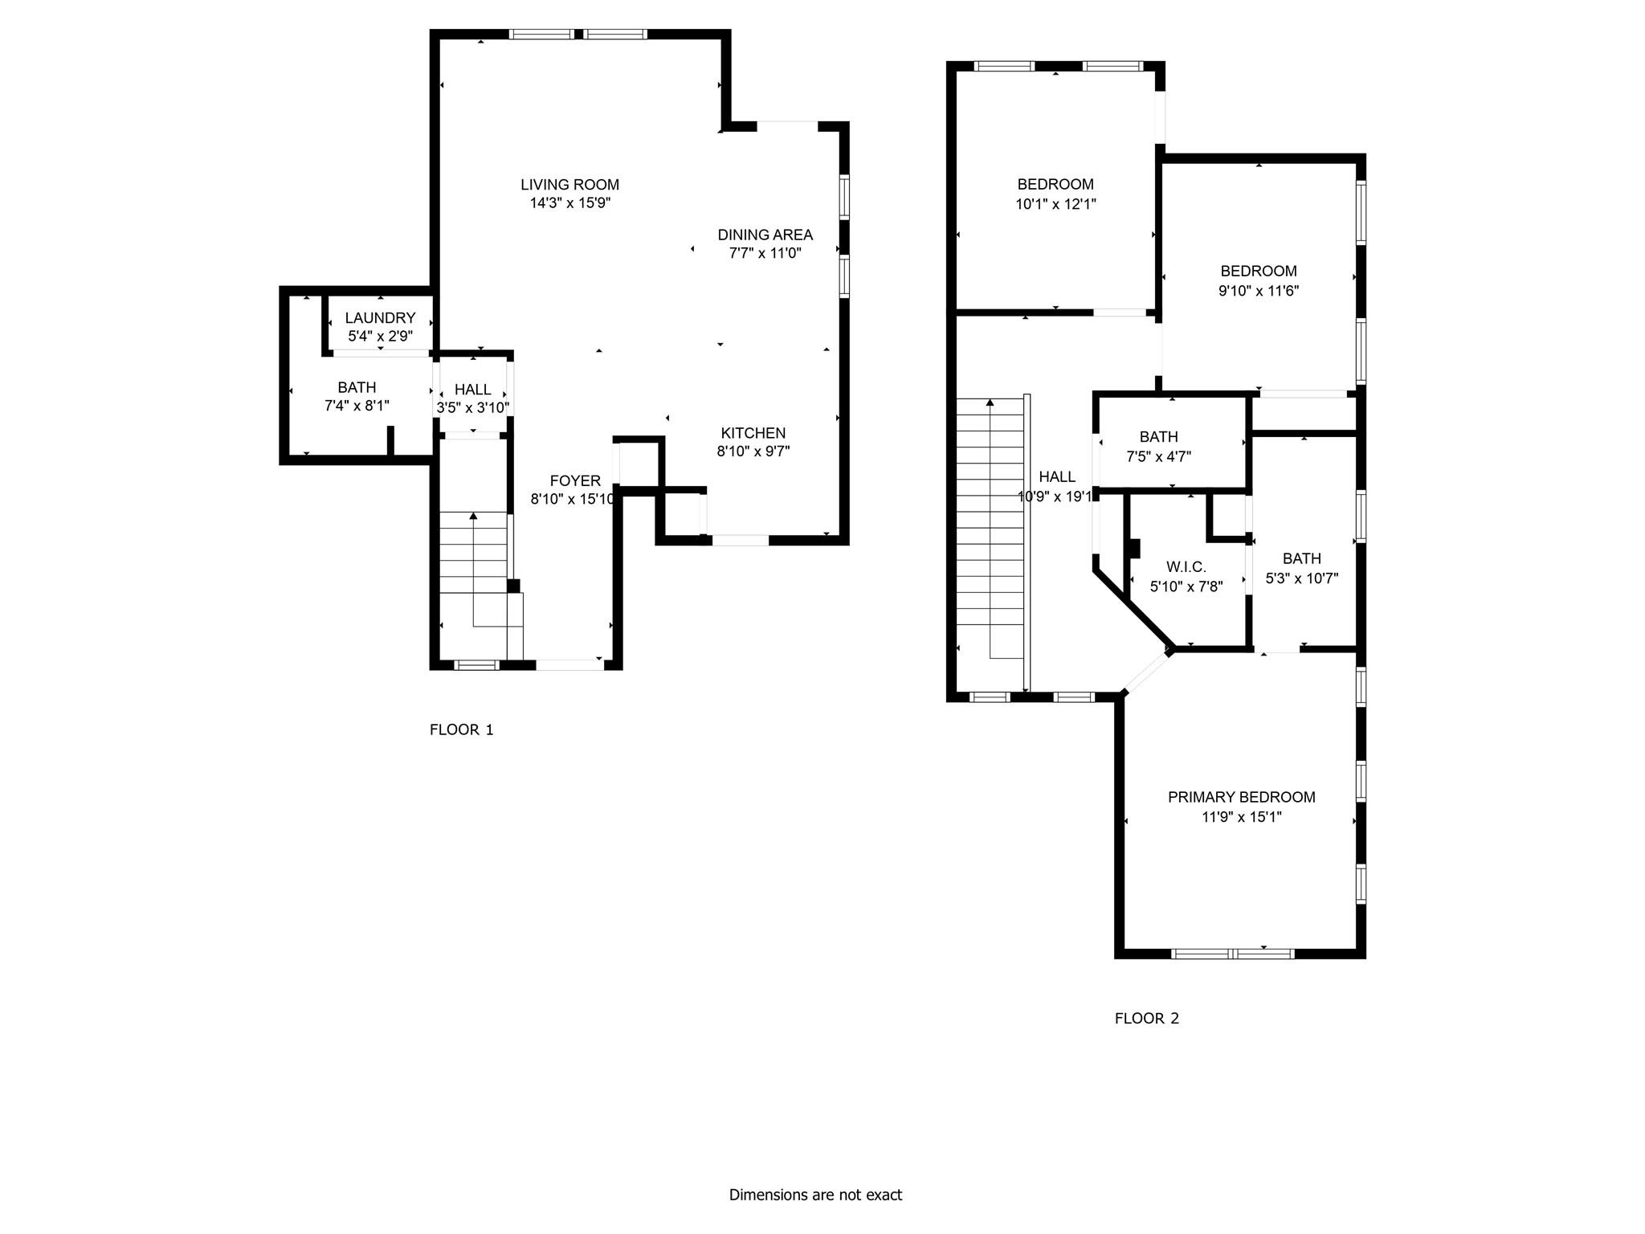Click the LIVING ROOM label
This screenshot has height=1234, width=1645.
[x=569, y=185]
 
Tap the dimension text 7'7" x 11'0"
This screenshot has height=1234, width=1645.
[x=765, y=254]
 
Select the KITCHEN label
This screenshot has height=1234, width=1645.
[x=753, y=433]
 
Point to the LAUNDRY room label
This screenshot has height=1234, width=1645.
[x=380, y=318]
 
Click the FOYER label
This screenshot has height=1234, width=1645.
[x=575, y=481]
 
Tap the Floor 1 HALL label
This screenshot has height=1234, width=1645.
[x=472, y=390]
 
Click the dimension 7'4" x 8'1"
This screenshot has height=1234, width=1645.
[x=357, y=407]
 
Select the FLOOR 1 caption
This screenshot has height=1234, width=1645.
[x=461, y=730]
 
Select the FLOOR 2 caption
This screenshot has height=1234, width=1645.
[x=1146, y=1019]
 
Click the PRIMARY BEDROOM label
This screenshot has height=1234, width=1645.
[x=1241, y=797]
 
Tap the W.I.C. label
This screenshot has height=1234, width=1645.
[x=1186, y=567]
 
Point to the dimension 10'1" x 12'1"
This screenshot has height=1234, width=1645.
[x=1055, y=204]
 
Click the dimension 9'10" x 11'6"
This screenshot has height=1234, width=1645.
[x=1258, y=291]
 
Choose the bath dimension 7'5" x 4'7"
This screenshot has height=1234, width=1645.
[x=1158, y=457]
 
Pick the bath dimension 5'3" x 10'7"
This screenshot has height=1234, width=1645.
[x=1301, y=578]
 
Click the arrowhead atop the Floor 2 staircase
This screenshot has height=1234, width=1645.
[x=990, y=402]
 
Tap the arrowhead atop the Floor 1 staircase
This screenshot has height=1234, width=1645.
[x=473, y=516]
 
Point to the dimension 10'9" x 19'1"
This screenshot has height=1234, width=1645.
[x=1055, y=497]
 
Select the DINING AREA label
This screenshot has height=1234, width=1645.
[x=765, y=235]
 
